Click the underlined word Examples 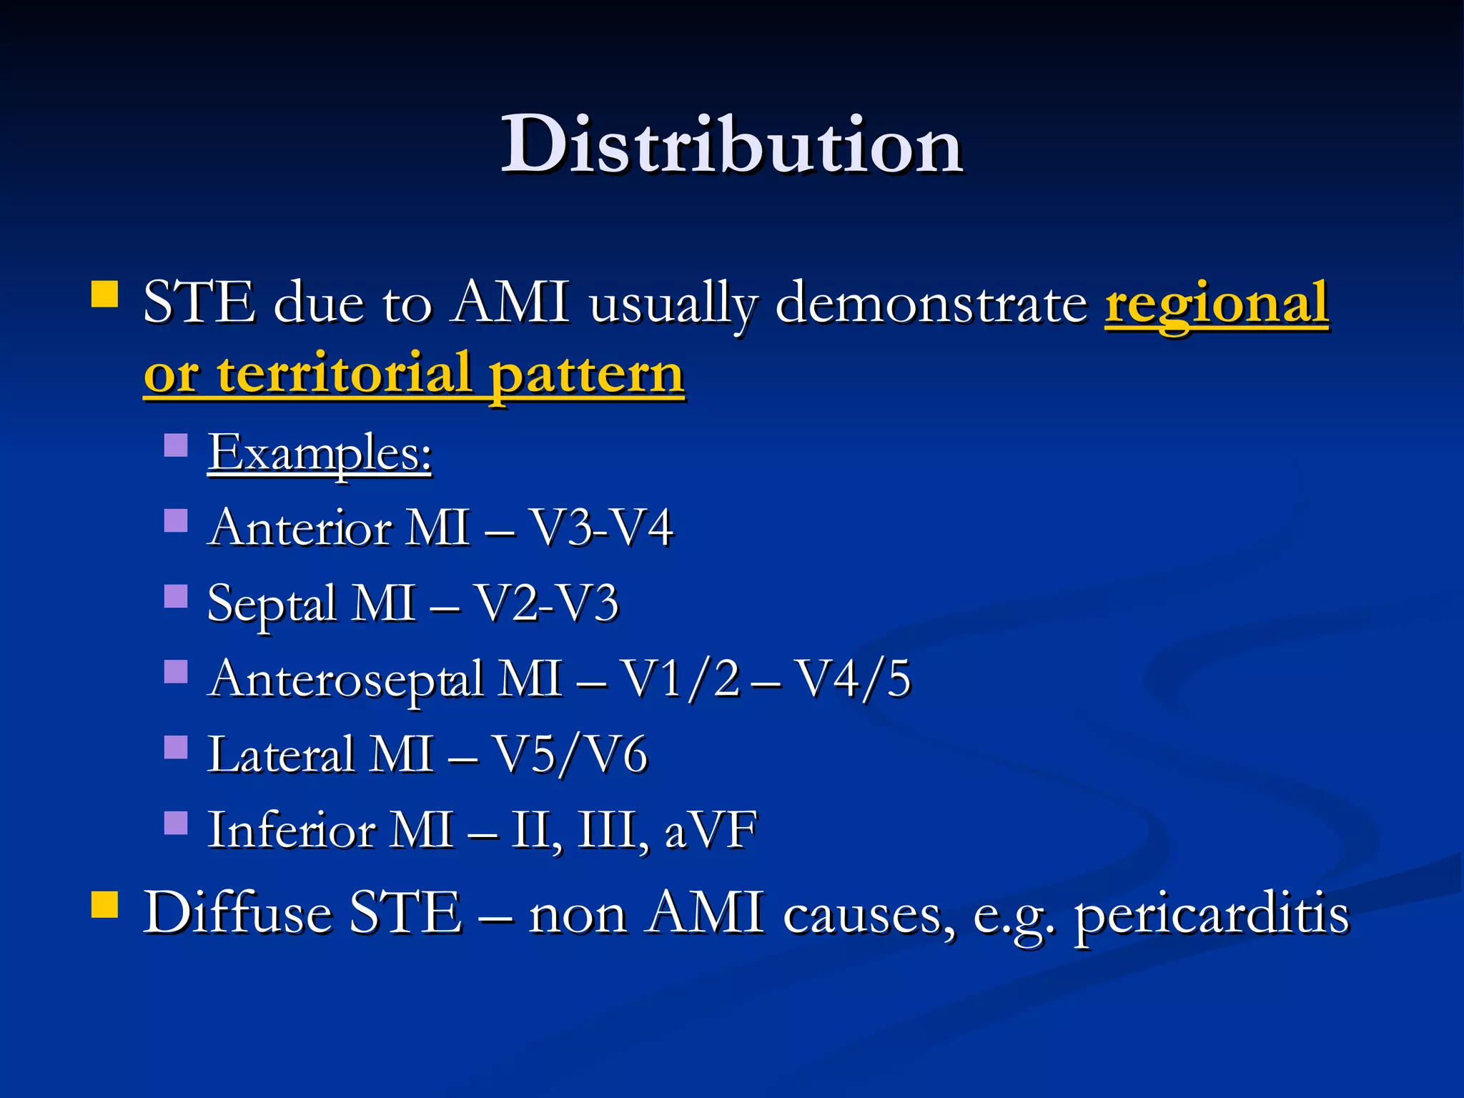click(320, 452)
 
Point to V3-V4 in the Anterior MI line click(600, 528)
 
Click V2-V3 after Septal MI click(547, 603)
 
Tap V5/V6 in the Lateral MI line click(570, 755)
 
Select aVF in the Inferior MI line click(710, 831)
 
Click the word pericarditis click(1212, 914)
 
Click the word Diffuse click(237, 913)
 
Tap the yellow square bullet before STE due click(105, 294)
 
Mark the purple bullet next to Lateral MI click(176, 747)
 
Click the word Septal click(271, 603)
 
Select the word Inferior click(292, 831)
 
